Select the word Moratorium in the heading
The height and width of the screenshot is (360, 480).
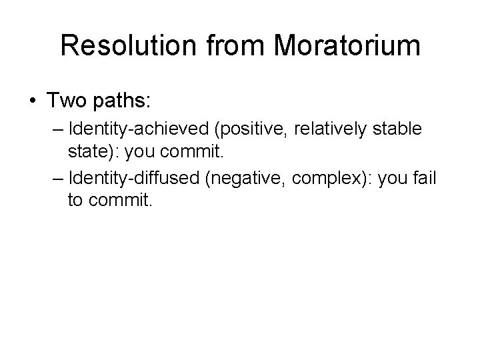tap(347, 46)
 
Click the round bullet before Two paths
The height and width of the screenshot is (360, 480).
tap(33, 101)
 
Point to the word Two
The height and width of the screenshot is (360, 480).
tap(65, 101)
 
